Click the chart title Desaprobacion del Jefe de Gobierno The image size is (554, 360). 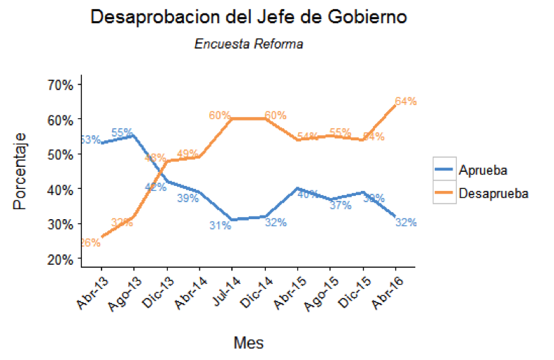(249, 18)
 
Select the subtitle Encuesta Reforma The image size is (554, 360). (249, 44)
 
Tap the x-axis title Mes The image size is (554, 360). (248, 343)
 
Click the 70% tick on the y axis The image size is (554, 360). (61, 85)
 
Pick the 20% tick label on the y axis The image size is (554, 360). (61, 259)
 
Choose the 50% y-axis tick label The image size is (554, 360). (61, 154)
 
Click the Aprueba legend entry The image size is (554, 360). (482, 170)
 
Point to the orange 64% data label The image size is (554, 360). (406, 101)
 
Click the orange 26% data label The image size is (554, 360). (89, 243)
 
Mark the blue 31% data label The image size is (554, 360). (221, 225)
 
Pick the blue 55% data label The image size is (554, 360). (123, 132)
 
